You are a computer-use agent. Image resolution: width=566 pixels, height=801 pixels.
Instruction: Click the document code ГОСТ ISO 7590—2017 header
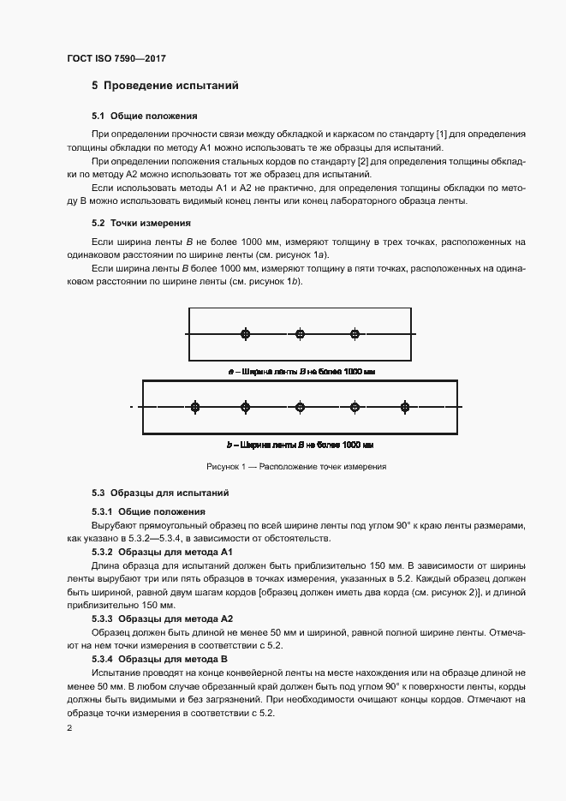[116, 58]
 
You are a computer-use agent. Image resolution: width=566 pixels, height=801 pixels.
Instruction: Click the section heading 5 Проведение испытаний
[164, 86]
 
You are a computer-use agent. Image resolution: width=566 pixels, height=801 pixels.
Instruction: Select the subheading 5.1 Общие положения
[144, 116]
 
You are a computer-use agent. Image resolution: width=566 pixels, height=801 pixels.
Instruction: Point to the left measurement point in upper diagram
[246, 333]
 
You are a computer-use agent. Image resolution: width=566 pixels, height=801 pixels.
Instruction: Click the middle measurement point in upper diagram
[300, 333]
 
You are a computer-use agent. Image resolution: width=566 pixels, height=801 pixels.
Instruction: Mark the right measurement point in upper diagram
[354, 333]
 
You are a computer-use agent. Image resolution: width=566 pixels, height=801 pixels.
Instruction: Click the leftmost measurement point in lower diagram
[195, 407]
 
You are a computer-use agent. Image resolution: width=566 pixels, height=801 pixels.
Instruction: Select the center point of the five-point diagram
[300, 407]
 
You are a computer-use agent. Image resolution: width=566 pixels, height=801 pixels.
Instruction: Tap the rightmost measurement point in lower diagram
[405, 407]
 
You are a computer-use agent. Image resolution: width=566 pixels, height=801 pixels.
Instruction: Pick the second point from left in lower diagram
[246, 407]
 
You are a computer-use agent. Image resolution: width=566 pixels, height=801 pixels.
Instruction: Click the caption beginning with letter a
[301, 372]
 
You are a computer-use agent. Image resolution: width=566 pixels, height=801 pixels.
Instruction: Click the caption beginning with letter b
[300, 445]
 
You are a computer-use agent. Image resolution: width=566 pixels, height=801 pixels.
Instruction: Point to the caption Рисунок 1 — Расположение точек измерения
[296, 468]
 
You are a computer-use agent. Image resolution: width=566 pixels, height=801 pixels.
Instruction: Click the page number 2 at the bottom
[69, 727]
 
